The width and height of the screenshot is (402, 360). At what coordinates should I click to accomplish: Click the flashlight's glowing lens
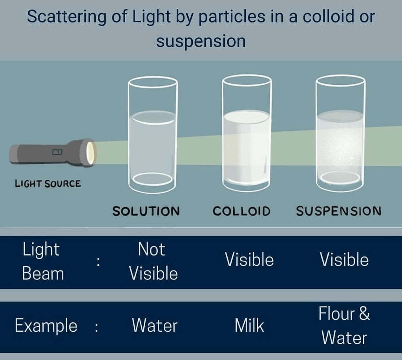coord(91,153)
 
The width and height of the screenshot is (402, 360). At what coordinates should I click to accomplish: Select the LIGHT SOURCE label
coord(48,183)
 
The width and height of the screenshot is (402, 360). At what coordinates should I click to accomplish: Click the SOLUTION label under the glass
coord(146,211)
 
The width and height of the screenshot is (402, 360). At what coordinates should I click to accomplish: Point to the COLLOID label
coord(241,211)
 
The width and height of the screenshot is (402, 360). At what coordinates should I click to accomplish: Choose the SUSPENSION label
coord(338,211)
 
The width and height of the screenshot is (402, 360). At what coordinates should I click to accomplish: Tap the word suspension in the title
coord(201,41)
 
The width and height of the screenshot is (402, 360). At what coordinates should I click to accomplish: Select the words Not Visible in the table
coord(153,261)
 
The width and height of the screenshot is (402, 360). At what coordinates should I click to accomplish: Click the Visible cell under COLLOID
coord(249,260)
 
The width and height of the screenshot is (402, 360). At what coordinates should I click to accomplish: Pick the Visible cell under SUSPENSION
coord(344,260)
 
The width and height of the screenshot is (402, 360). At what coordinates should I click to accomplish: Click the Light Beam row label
coord(42,261)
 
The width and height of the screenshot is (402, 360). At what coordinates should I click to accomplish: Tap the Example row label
coord(46,326)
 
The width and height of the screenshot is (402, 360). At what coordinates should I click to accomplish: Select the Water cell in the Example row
coord(154,326)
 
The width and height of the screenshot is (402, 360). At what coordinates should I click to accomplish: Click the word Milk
coord(249,326)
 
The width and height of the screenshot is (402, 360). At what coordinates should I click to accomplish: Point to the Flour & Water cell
coord(344,326)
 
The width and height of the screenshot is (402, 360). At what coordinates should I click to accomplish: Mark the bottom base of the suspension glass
coord(340,178)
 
